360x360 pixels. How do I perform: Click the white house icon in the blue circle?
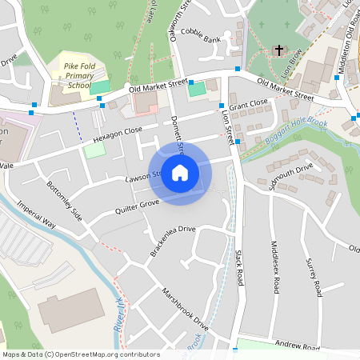coord(180,173)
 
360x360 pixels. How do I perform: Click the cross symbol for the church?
coord(279,50)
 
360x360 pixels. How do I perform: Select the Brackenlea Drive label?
coord(172,241)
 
